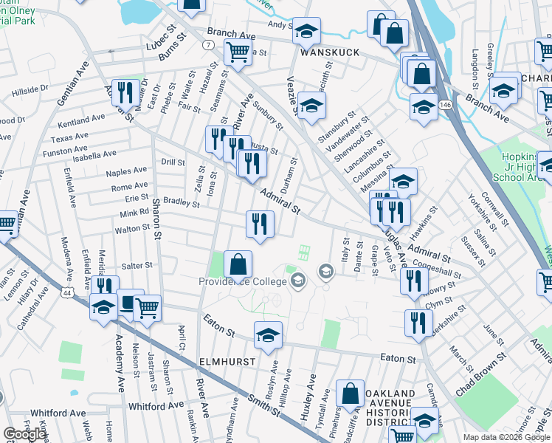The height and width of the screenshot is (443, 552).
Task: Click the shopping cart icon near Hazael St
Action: [237, 53]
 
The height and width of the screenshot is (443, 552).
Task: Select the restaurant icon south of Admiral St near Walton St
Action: [260, 224]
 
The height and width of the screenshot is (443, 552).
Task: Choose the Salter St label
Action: [137, 265]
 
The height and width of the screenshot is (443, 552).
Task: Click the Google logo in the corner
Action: [24, 434]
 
